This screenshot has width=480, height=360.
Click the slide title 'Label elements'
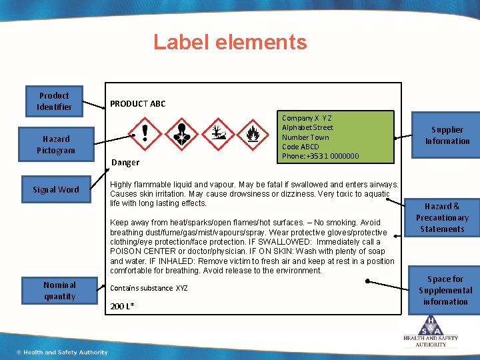pyautogui.click(x=230, y=42)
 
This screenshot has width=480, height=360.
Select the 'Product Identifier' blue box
pyautogui.click(x=54, y=101)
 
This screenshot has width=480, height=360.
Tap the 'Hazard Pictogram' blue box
pyautogui.click(x=56, y=145)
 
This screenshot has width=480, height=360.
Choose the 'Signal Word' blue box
pyautogui.click(x=56, y=189)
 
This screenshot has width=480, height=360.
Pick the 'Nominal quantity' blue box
pyautogui.click(x=59, y=291)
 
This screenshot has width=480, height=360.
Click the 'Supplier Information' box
pyautogui.click(x=447, y=135)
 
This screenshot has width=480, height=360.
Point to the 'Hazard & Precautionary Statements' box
pyautogui.click(x=442, y=218)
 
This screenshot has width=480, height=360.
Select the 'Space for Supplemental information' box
pyautogui.click(x=445, y=290)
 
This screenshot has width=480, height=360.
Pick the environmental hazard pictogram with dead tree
pyautogui.click(x=217, y=133)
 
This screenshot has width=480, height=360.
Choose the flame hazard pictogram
pyautogui.click(x=253, y=133)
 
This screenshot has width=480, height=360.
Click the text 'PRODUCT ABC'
pyautogui.click(x=138, y=104)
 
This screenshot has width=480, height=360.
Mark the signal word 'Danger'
pyautogui.click(x=125, y=162)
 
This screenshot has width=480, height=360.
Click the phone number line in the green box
pyautogui.click(x=320, y=156)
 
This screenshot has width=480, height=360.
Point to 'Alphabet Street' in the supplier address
pyautogui.click(x=307, y=127)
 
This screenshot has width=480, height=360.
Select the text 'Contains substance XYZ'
pyautogui.click(x=149, y=288)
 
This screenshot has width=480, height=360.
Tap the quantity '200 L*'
pyautogui.click(x=122, y=305)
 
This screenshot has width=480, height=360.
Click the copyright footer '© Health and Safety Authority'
pyautogui.click(x=63, y=352)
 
